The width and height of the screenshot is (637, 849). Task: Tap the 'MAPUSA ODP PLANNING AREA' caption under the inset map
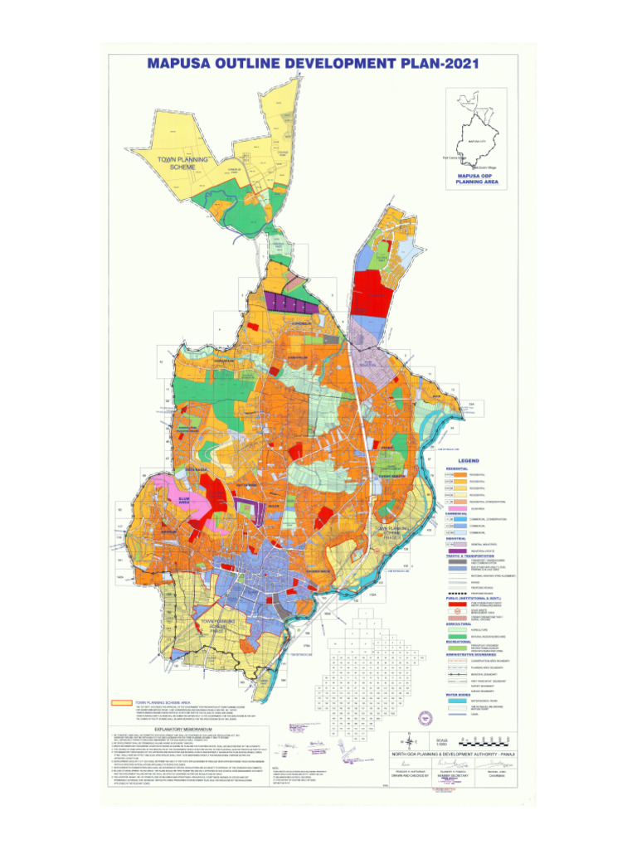(x=476, y=179)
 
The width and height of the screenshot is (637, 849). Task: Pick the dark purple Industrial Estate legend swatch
(x=455, y=550)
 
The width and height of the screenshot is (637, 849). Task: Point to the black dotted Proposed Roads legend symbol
(x=455, y=594)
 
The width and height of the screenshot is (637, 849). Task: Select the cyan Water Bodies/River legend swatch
(x=455, y=701)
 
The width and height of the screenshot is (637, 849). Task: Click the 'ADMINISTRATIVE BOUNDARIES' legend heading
(x=480, y=653)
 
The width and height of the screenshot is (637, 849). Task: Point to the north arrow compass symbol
(x=404, y=742)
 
